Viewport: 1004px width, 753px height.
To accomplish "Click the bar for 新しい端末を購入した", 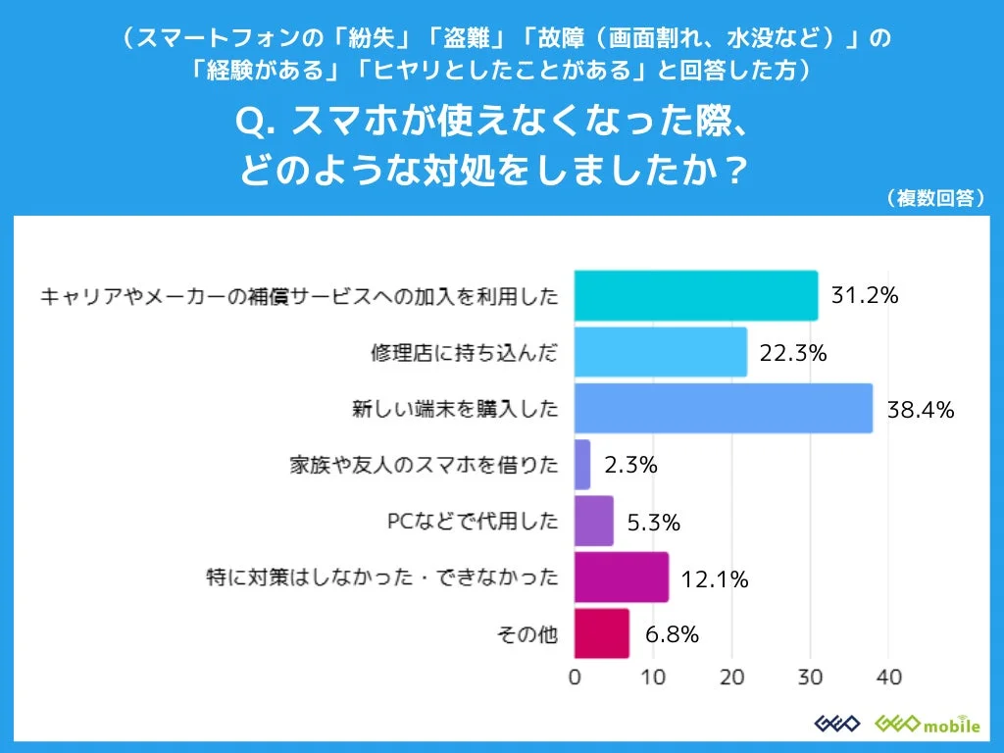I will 723,409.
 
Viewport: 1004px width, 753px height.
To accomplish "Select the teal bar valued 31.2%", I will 695,295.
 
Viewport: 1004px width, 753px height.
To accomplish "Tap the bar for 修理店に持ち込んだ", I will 660,352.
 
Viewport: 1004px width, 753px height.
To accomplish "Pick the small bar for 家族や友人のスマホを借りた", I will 581,465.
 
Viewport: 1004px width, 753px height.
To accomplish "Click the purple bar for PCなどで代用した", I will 593,521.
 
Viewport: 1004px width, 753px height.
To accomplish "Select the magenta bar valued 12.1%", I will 621,577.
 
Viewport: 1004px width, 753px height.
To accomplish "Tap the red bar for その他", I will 601,633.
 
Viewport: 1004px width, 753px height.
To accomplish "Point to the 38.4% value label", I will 920,410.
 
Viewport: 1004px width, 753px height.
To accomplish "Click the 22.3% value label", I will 793,353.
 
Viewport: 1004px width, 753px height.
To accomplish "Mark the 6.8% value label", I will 672,634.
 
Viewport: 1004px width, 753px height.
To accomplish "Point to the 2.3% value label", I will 630,466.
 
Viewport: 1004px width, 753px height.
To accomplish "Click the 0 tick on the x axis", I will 575,678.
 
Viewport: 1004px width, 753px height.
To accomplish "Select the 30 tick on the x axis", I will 810,678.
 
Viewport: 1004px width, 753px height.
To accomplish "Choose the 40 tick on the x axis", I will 888,678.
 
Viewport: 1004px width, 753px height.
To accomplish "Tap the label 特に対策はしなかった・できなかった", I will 380,577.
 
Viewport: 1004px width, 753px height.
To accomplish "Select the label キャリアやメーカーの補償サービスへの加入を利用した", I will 299,296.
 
